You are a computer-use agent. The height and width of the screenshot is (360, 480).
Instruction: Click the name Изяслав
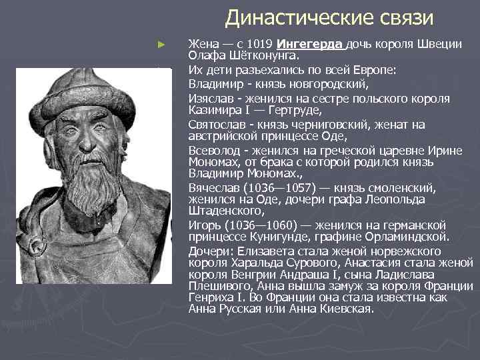point(210,98)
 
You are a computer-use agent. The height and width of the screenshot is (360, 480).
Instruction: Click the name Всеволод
point(213,150)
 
